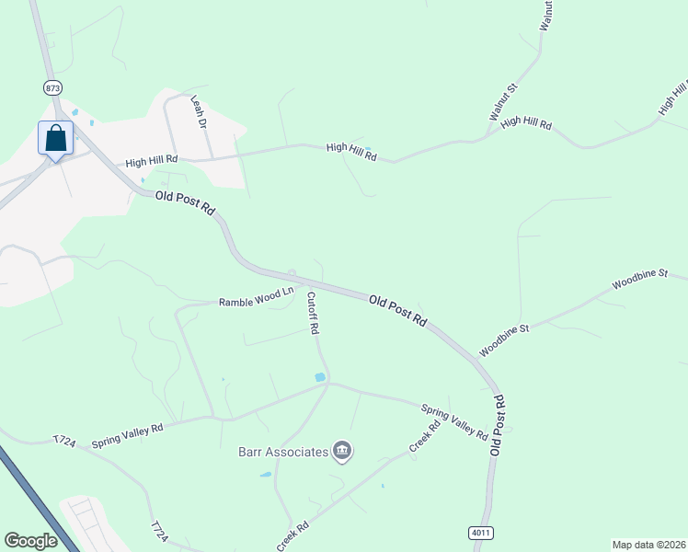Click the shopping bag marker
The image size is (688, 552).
tap(55, 139)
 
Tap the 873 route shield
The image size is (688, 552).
tap(52, 86)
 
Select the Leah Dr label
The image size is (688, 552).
tap(198, 110)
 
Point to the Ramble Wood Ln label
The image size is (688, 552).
tap(256, 297)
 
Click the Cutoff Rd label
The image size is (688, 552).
tap(313, 313)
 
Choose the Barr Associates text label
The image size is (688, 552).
tap(283, 452)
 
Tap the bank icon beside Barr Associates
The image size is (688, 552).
tap(342, 451)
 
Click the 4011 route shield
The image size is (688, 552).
tap(479, 533)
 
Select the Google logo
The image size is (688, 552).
tap(30, 541)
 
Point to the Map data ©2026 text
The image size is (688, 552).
tap(648, 545)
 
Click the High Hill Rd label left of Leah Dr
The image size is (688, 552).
tap(151, 161)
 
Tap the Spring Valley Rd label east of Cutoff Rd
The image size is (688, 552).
tap(454, 421)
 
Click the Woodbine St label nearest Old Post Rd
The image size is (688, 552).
tap(504, 340)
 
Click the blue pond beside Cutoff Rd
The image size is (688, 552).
tap(320, 377)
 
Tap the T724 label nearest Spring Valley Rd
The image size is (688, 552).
tap(63, 442)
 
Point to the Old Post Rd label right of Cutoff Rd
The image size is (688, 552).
tap(398, 310)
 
